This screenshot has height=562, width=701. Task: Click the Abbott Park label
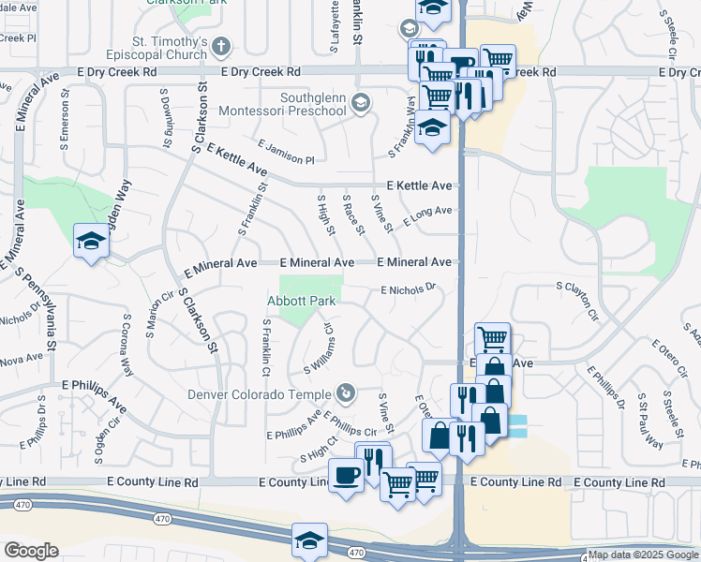pyautogui.click(x=301, y=301)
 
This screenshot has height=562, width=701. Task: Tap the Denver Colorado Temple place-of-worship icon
pyautogui.click(x=346, y=392)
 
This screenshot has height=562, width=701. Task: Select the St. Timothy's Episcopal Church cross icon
pyautogui.click(x=220, y=46)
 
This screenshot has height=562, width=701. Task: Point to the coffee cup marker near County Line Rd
pyautogui.click(x=346, y=475)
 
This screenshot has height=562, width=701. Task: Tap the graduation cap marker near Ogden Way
pyautogui.click(x=92, y=241)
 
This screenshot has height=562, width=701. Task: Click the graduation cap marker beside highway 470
pyautogui.click(x=310, y=540)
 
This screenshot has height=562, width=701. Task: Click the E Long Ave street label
pyautogui.click(x=427, y=215)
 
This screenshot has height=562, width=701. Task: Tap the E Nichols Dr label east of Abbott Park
pyautogui.click(x=410, y=289)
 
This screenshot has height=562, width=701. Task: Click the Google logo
pyautogui.click(x=31, y=550)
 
